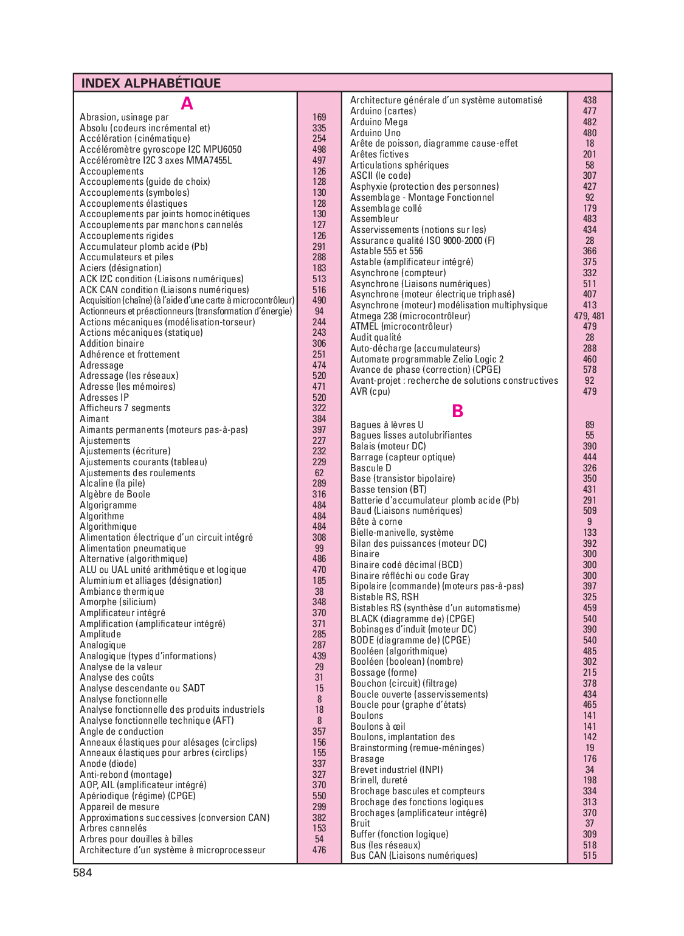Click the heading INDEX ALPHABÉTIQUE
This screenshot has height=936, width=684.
point(151,83)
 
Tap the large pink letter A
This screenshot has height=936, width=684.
point(187,104)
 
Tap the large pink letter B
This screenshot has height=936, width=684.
point(457,412)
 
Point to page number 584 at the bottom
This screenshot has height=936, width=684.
point(83,873)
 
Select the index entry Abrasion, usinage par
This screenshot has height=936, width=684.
point(124,117)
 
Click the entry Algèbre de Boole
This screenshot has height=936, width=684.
point(115,494)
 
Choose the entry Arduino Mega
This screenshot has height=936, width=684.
point(379,122)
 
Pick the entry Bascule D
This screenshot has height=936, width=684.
point(371,468)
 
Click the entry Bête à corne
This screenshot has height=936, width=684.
point(376,522)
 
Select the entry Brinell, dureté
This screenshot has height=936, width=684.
point(379,780)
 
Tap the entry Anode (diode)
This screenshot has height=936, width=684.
point(108,764)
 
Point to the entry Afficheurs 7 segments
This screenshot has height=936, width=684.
point(125,408)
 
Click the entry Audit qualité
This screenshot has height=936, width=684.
point(376,338)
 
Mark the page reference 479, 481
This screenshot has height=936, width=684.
point(589,316)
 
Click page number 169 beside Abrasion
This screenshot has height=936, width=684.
point(319,117)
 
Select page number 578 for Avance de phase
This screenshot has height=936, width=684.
point(590,370)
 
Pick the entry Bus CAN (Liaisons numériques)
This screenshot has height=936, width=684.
point(414,856)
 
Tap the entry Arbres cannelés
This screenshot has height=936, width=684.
point(113,828)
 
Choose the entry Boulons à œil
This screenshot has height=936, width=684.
point(378,727)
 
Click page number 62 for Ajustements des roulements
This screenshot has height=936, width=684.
point(319,473)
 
